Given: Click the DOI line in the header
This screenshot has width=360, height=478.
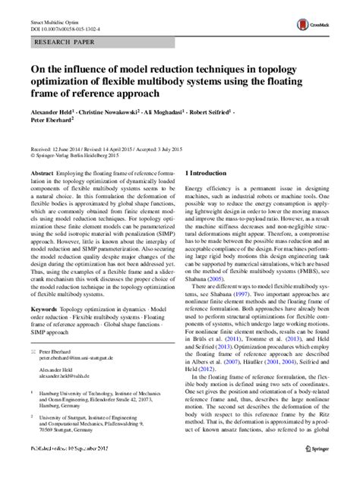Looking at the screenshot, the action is click(68, 20).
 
